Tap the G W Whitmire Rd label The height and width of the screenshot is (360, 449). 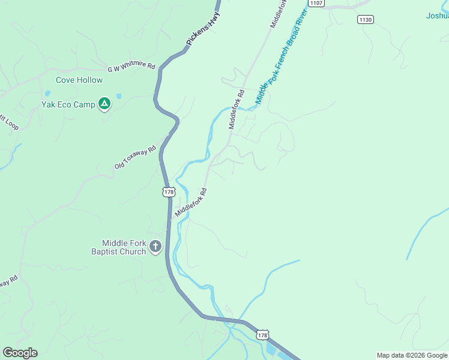[x=131, y=67]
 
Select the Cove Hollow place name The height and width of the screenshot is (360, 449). [x=79, y=80]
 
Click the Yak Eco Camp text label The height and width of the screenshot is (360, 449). [x=68, y=104]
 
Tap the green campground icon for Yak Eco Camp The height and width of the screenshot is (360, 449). [x=104, y=104]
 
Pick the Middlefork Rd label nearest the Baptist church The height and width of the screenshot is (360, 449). [x=191, y=203]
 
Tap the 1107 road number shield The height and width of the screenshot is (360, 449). [x=317, y=4]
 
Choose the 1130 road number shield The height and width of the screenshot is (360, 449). [x=365, y=20]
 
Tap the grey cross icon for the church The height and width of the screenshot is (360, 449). [x=156, y=246]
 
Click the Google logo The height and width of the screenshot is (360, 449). [x=20, y=353]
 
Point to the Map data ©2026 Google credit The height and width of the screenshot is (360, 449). [x=412, y=355]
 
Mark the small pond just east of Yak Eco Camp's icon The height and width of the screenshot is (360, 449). [x=119, y=96]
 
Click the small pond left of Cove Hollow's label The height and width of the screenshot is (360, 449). [x=47, y=94]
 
